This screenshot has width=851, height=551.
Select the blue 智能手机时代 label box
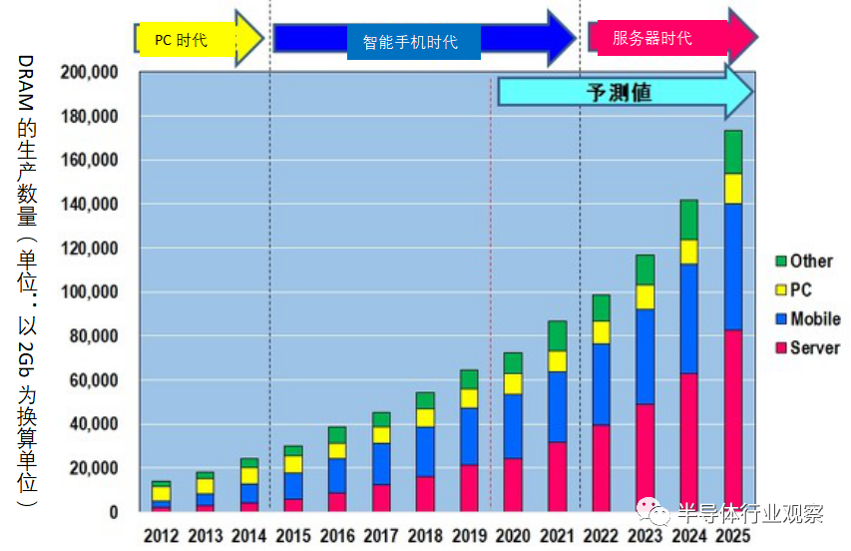click(410, 42)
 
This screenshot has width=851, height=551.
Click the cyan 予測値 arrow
click(624, 93)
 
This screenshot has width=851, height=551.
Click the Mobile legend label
click(815, 319)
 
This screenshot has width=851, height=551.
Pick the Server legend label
click(814, 348)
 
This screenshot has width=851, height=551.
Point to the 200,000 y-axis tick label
click(90, 73)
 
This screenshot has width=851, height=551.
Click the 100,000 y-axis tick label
click(90, 292)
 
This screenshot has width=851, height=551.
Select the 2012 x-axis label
click(162, 536)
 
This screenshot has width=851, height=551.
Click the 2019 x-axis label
click(468, 536)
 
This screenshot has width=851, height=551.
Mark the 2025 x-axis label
click(732, 536)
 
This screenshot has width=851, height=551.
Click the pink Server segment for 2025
click(732, 419)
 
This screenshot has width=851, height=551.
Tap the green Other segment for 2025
click(732, 152)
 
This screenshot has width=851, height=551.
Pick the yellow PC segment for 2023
click(644, 296)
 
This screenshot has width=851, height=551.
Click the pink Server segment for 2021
click(556, 476)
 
